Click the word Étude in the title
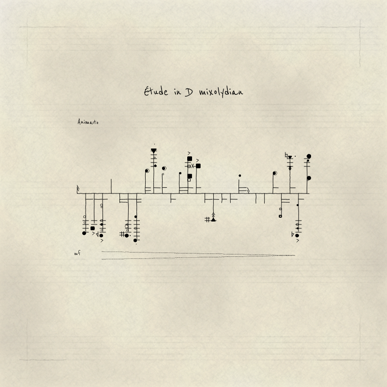pos(156,91)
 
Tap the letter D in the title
pos(189,92)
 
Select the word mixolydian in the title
pos(221,92)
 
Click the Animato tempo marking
pos(88,122)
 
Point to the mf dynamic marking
pos(77,253)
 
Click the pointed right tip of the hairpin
pos(295,255)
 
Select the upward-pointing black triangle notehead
pos(213,220)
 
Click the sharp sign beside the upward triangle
pos(208,220)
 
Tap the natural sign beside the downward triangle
pos(286,155)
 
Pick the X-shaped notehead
pos(193,166)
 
